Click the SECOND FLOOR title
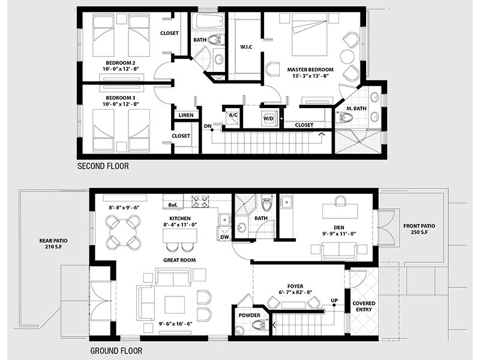coord(103,166)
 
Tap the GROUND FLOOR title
coord(116,350)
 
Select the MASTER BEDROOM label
coord(310,70)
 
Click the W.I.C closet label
coord(246,47)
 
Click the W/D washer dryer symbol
coord(268,118)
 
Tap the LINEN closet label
coord(186,115)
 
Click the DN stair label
coord(208,126)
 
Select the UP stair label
coord(334,301)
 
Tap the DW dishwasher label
coord(224,237)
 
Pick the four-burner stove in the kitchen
coord(200,202)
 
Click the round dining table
coord(124,232)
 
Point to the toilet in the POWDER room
coord(260,325)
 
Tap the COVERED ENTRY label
coord(364,307)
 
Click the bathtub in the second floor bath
coord(208,22)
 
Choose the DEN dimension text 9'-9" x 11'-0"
coord(339,233)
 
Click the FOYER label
coord(295,287)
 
